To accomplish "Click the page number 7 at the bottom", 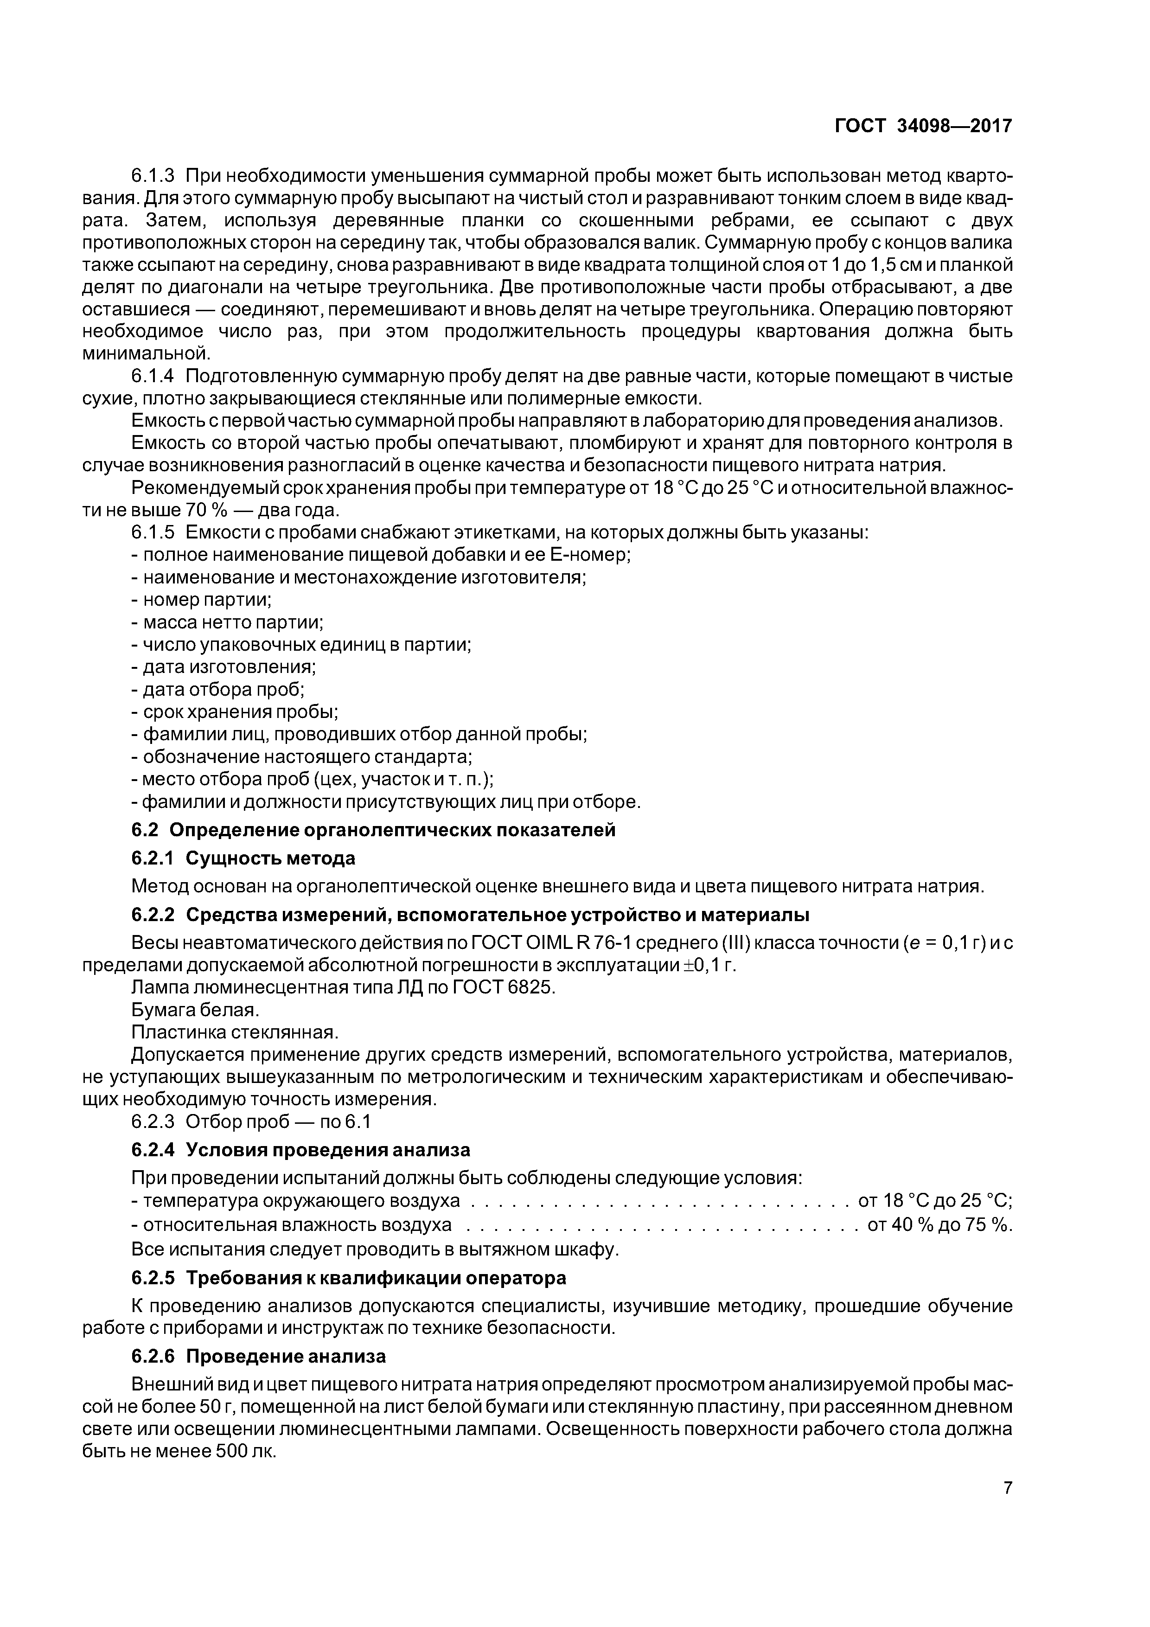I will (1008, 1486).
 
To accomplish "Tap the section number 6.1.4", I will (153, 376).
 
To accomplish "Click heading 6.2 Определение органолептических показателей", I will (373, 830).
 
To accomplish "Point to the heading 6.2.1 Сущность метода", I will (243, 858).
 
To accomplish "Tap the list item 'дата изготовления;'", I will (224, 667).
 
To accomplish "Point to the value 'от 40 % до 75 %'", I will (939, 1224).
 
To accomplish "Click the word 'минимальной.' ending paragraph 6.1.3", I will (147, 353).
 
